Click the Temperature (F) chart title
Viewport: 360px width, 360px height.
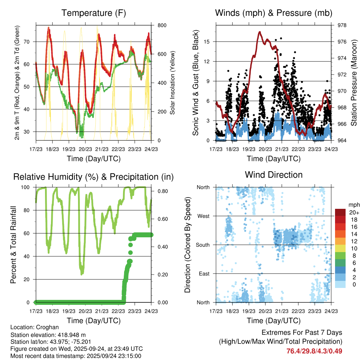coord(94,13)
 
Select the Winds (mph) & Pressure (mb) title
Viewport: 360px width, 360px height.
coord(274,13)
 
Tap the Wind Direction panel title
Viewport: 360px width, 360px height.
coord(274,175)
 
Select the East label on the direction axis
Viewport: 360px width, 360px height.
coord(204,274)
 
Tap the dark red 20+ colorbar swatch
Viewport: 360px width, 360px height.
coord(340,212)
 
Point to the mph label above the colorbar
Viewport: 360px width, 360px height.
coord(353,205)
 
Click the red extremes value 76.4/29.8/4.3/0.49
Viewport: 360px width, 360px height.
coord(314,351)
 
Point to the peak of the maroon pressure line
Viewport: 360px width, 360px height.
coord(259,32)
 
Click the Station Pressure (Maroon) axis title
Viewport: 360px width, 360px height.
coord(354,83)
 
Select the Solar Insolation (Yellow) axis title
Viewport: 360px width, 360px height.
coord(173,83)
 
